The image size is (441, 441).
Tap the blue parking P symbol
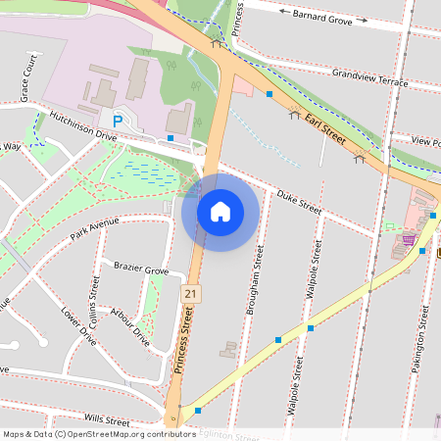pos(118,121)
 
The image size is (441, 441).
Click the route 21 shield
pos(189,293)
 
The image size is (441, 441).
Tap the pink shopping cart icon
pos(408,238)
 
